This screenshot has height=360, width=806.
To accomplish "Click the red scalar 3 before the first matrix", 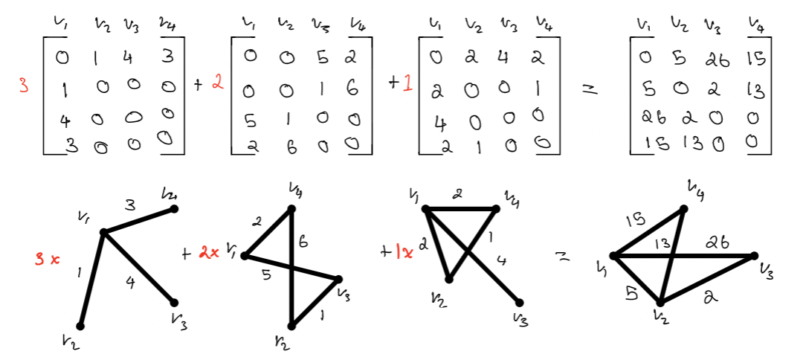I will pyautogui.click(x=25, y=86).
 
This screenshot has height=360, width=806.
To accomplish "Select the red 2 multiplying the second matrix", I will pyautogui.click(x=217, y=84).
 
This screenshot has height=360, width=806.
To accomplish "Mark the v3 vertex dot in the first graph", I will pyautogui.click(x=174, y=303).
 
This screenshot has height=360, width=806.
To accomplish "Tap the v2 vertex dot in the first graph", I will pyautogui.click(x=80, y=326).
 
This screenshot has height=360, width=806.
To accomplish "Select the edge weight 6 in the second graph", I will pyautogui.click(x=303, y=242).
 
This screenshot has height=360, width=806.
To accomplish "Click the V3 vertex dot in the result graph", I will pyautogui.click(x=754, y=256).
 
